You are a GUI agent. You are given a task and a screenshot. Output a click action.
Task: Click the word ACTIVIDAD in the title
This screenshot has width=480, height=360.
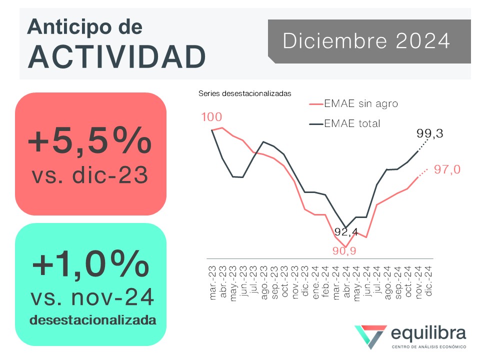[x=116, y=56]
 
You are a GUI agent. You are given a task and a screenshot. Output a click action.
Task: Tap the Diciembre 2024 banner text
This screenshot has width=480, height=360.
[x=366, y=40]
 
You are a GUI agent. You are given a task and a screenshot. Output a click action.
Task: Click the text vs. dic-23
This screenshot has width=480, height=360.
[x=90, y=175]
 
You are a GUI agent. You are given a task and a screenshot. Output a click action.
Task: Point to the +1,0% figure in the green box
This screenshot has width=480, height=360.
[x=90, y=264]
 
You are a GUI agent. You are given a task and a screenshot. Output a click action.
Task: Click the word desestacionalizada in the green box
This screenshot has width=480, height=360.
[x=93, y=320]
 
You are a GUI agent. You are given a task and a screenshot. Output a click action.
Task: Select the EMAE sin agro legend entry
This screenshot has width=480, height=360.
[x=353, y=104]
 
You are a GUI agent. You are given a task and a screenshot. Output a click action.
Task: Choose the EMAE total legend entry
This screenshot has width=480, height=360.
[x=344, y=123]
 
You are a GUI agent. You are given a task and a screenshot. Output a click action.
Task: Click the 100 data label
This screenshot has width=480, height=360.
[x=211, y=117]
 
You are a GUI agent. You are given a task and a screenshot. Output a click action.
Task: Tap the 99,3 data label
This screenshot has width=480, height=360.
[x=430, y=133]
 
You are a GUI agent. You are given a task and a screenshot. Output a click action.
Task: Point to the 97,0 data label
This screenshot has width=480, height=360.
[x=447, y=169]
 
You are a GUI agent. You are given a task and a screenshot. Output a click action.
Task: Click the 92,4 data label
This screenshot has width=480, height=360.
[x=346, y=231]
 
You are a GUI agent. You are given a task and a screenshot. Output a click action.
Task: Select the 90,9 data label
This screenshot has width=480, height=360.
[x=344, y=251]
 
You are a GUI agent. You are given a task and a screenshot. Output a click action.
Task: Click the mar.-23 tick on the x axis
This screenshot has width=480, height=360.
[x=212, y=282]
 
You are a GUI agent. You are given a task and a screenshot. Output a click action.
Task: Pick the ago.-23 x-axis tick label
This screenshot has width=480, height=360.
[x=264, y=282]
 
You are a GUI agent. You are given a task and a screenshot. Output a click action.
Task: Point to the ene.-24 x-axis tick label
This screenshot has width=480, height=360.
[x=315, y=282]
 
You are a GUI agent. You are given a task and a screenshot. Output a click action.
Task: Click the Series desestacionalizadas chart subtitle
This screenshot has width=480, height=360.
[x=245, y=93]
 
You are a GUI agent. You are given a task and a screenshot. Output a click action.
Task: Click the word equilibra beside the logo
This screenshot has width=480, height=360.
[x=428, y=333]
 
